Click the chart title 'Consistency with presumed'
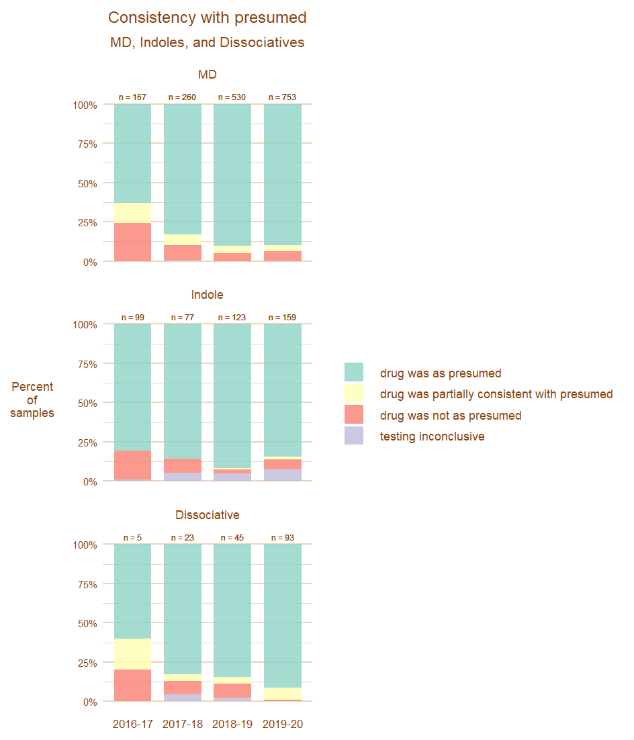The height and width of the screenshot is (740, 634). pos(207,17)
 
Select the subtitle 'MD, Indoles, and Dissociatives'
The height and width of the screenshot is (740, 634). pos(207,42)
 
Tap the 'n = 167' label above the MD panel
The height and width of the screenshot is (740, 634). pos(132,97)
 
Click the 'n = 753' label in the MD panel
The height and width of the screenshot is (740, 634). pos(282,97)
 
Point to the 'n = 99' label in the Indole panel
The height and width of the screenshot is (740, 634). pos(132,318)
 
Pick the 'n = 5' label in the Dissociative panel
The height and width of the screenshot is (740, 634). pos(132,538)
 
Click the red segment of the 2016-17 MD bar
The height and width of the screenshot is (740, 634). pos(132,242)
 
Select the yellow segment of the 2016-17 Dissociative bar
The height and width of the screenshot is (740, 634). pos(132,654)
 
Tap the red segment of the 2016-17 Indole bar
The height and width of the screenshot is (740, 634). pos(132,465)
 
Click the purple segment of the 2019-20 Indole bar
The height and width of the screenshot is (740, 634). pos(282,475)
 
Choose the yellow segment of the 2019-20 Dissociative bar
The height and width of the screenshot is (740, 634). pos(282,694)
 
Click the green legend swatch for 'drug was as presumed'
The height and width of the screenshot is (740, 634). pos(354,373)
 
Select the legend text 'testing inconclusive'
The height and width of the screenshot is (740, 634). pos(432,436)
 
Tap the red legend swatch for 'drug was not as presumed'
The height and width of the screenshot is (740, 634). pos(354,415)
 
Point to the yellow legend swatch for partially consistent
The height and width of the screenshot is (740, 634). pos(354,394)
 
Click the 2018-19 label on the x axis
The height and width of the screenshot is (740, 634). pos(232,725)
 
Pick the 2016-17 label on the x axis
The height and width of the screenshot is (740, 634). pos(132,725)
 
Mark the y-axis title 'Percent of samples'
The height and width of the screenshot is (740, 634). pos(32,400)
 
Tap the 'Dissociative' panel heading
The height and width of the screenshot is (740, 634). pos(207,515)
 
